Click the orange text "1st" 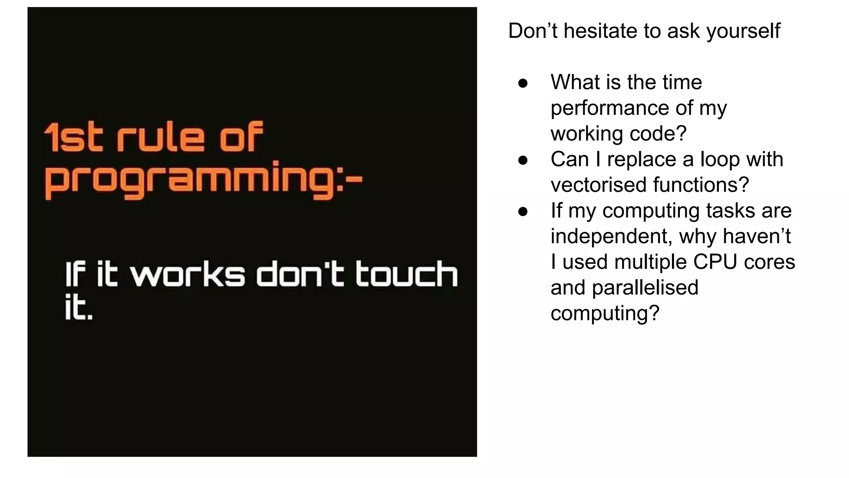[x=73, y=137]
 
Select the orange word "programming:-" [x=203, y=181]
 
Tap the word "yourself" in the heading [x=743, y=32]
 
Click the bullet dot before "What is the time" [x=523, y=83]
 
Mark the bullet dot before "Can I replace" [x=523, y=160]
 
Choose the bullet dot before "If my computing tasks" [x=523, y=212]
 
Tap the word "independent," [x=611, y=237]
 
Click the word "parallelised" [x=645, y=288]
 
